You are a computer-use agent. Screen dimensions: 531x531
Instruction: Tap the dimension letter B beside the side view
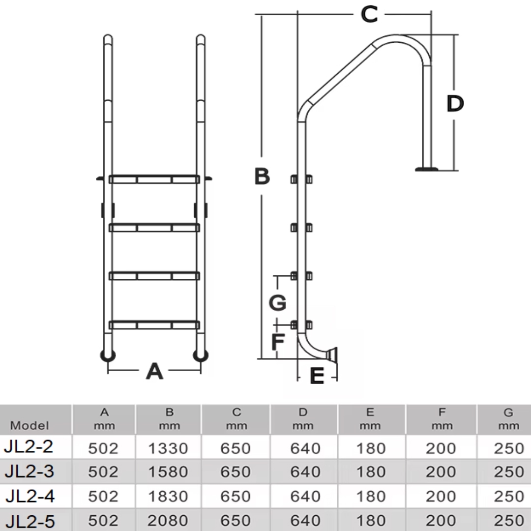pyautogui.click(x=262, y=177)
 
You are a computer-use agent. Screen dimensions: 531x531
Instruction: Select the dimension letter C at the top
pyautogui.click(x=369, y=15)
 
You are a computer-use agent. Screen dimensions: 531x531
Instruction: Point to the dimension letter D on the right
pyautogui.click(x=455, y=103)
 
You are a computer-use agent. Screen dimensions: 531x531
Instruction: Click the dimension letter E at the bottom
pyautogui.click(x=317, y=376)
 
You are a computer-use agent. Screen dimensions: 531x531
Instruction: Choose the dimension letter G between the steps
pyautogui.click(x=278, y=302)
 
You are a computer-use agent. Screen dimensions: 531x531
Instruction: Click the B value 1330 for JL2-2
pyautogui.click(x=168, y=448)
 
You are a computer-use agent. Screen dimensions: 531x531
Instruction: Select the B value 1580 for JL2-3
pyautogui.click(x=168, y=472)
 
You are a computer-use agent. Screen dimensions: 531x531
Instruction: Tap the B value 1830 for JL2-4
pyautogui.click(x=168, y=496)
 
